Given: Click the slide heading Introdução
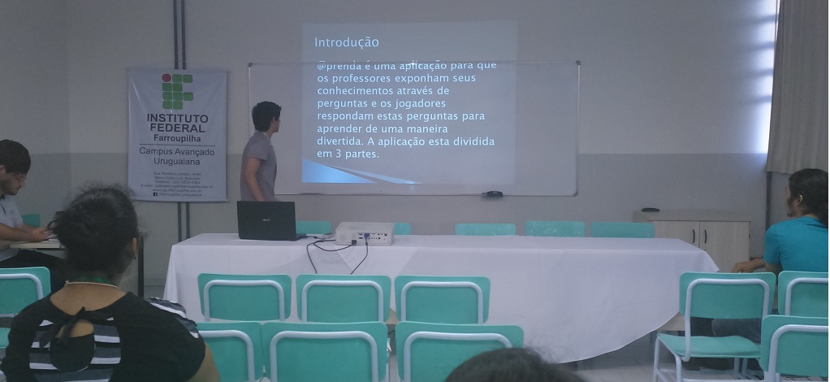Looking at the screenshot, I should (346, 42).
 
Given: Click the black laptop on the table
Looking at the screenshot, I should (266, 219).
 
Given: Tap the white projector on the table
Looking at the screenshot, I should (365, 233).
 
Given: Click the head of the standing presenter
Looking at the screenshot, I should (266, 117).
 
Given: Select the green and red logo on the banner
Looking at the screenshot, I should (177, 91).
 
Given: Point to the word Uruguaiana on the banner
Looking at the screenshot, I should (177, 161).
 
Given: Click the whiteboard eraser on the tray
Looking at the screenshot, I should (492, 194).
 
